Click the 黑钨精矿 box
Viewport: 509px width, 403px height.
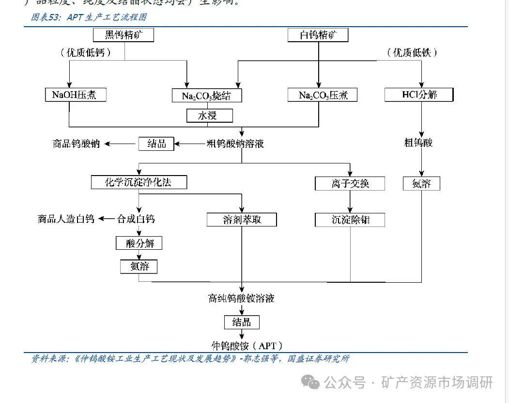pos(123,35)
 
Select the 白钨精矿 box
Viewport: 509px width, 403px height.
pos(318,35)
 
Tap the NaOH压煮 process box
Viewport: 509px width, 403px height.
pos(74,94)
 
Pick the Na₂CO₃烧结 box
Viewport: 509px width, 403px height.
pos(207,96)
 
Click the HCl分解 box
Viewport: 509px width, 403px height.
pos(419,94)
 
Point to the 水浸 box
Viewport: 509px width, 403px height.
pos(209,115)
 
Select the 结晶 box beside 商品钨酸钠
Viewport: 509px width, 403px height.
pos(156,144)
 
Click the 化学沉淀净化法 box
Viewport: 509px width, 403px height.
pos(139,182)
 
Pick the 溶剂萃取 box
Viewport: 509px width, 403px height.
pos(242,219)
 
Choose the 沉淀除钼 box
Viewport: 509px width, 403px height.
pos(350,220)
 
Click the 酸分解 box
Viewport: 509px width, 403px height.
pos(139,243)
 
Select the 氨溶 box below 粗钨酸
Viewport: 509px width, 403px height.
pos(421,183)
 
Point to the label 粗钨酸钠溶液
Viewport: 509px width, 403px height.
pos(235,144)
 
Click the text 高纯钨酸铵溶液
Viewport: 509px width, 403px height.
pos(241,298)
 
